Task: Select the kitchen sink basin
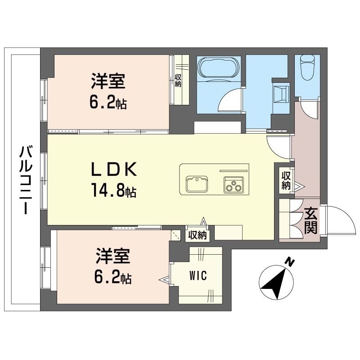tap(197, 184)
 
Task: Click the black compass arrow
tap(275, 281)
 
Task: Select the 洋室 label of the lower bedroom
tap(112, 257)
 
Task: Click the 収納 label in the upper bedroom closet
tap(178, 80)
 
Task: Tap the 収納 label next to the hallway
tap(286, 180)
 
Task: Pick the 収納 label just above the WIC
tap(197, 235)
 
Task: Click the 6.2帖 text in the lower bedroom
tap(112, 278)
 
